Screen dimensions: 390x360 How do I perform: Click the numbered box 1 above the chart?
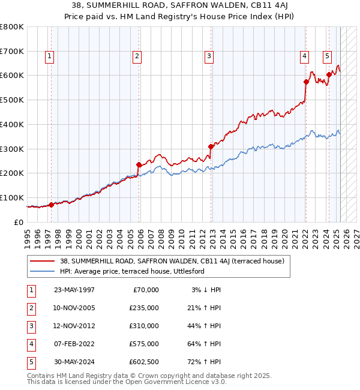[x=49, y=56]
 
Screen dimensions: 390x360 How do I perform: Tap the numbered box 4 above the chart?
[x=305, y=56]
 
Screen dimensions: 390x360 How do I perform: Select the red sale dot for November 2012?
[x=211, y=146]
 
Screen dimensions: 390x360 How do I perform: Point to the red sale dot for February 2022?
[x=306, y=82]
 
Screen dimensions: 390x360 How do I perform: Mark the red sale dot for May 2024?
[x=329, y=74]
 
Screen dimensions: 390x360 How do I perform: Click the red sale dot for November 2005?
[x=139, y=164]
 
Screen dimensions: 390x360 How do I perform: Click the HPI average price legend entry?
[x=132, y=271]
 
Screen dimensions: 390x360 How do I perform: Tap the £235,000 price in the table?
[x=144, y=308]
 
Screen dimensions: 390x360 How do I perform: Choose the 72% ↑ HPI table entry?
[x=206, y=362]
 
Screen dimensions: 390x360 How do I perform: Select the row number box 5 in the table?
[x=30, y=362]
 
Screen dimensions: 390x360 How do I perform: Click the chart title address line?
[x=180, y=5]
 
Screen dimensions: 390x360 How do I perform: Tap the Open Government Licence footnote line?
[x=127, y=382]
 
